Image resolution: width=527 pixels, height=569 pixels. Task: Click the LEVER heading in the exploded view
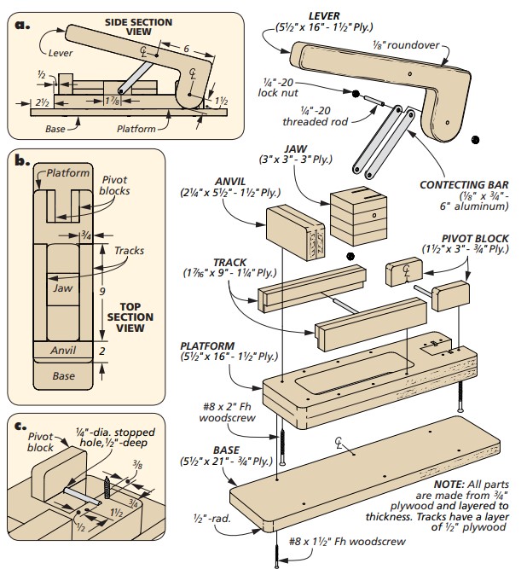[x=324, y=16]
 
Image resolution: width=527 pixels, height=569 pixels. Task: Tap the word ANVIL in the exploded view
[x=230, y=182]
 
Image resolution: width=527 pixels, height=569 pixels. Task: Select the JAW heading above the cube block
[x=296, y=148]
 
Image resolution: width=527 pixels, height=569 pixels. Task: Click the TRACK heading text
[x=229, y=263]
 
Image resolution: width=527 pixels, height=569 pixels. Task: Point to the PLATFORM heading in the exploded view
[x=207, y=345]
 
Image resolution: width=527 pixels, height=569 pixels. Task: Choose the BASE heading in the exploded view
[x=226, y=450]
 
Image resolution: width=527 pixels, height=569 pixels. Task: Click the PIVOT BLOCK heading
[x=475, y=239]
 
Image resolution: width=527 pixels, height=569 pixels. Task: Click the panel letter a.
[x=22, y=25]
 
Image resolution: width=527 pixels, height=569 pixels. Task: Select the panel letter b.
[x=22, y=160]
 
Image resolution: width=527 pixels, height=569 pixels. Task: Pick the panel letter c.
[x=20, y=426]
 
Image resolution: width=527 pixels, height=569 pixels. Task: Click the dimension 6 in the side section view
[x=186, y=49]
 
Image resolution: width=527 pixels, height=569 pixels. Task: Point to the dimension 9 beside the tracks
[x=102, y=291]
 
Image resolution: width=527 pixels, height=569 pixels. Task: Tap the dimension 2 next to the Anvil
[x=102, y=351]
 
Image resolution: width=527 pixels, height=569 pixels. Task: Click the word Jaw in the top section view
[x=62, y=288]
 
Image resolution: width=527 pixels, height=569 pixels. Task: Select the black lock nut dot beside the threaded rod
[x=356, y=94]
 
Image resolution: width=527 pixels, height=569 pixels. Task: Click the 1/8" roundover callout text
[x=406, y=45]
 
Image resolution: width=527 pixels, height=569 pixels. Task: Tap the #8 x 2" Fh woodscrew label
[x=227, y=412]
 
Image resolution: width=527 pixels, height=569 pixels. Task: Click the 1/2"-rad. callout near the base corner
[x=211, y=519]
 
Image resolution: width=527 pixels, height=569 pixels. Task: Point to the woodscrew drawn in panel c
[x=107, y=488]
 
